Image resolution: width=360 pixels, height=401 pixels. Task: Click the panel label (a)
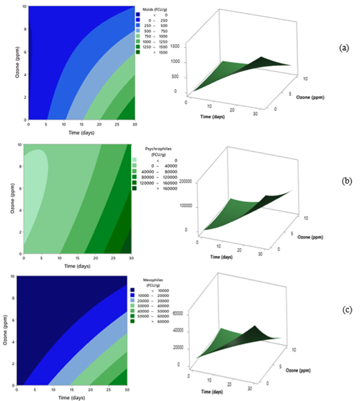click(344, 48)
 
